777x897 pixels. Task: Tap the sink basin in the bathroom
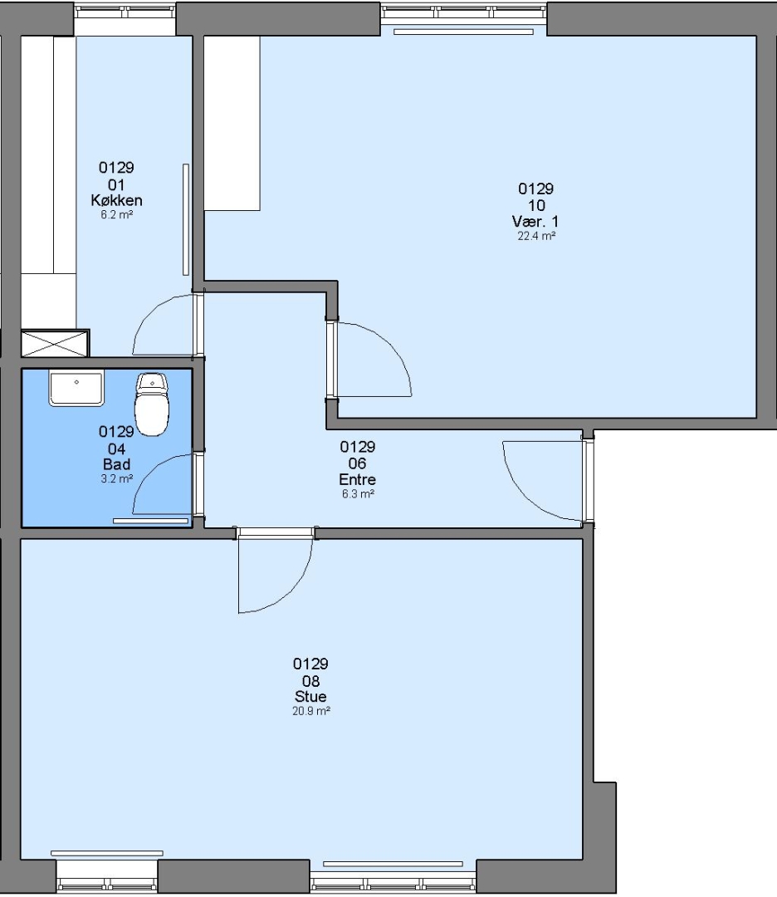click(76, 388)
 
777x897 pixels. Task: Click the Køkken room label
click(117, 200)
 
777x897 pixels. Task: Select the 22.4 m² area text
click(536, 236)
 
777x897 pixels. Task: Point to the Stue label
click(310, 697)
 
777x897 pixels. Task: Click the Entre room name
click(357, 479)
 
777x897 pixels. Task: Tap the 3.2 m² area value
click(117, 479)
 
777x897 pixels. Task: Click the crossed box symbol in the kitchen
click(55, 343)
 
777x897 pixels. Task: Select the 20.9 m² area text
click(311, 711)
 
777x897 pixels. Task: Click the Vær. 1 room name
click(535, 222)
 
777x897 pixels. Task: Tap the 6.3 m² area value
click(358, 493)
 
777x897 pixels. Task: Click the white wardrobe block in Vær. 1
click(232, 123)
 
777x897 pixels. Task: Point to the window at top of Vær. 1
click(464, 12)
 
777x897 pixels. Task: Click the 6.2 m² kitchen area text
click(117, 214)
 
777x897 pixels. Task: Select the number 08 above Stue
click(310, 681)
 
